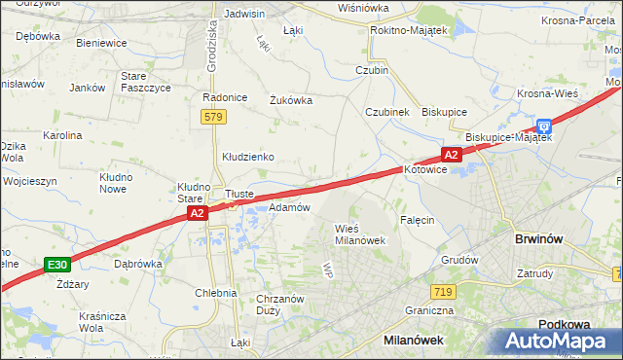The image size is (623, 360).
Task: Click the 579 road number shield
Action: click(214, 117)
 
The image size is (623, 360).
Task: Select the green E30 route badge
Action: click(57, 264)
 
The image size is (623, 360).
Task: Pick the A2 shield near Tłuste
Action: click(197, 213)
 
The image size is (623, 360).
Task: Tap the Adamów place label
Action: click(289, 207)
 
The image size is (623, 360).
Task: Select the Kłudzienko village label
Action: click(248, 157)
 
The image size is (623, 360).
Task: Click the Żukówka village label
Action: click(290, 99)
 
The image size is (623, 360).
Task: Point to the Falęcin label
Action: click(416, 220)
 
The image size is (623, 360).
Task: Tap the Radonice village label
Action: click(221, 97)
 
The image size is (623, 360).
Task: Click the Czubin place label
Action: click(372, 70)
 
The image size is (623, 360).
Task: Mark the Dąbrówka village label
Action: click(137, 263)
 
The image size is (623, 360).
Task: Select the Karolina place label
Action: click(61, 135)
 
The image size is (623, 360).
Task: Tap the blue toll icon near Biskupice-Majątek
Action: click(544, 126)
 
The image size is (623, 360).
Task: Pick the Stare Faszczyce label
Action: click(145, 82)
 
